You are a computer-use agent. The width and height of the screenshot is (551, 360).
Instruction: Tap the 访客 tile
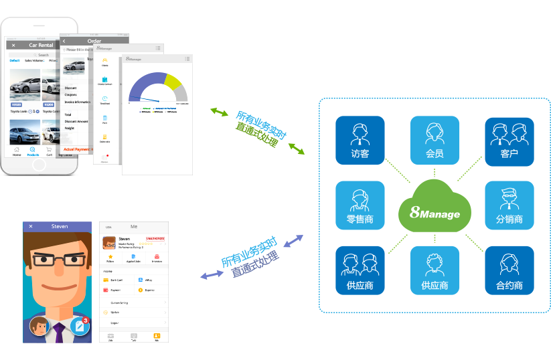tap(360, 140)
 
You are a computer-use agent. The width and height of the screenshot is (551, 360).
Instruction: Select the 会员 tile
tap(435, 140)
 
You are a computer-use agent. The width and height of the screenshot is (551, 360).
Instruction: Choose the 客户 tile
tap(509, 140)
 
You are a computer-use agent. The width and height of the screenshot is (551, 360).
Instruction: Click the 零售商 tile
tap(360, 205)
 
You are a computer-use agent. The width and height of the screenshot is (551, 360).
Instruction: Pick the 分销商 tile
tap(509, 205)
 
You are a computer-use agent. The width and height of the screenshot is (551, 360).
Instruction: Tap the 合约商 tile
tap(509, 270)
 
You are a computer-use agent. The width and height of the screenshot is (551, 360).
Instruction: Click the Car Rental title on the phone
tap(41, 45)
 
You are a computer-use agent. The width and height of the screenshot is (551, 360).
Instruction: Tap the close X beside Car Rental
tap(13, 45)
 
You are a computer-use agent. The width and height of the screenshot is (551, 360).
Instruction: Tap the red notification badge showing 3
tap(86, 321)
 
